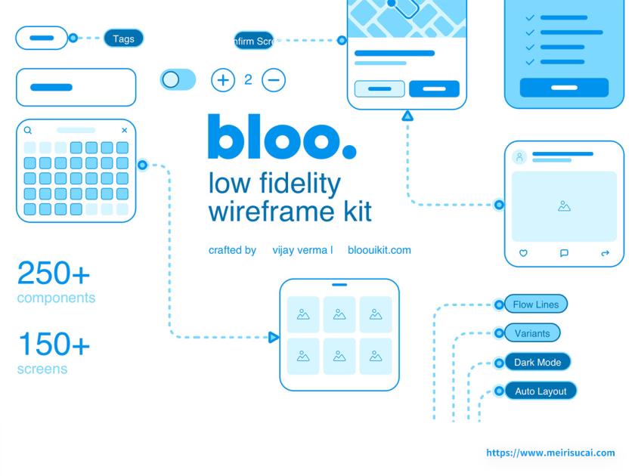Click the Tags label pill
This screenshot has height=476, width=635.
(x=123, y=39)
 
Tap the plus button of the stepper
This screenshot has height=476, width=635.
(x=222, y=79)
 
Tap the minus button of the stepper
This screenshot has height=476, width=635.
(x=274, y=79)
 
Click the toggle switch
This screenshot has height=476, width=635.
(x=178, y=79)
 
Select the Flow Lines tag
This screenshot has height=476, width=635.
(x=536, y=304)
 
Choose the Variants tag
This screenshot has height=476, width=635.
(x=532, y=333)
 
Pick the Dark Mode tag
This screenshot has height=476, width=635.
(x=537, y=363)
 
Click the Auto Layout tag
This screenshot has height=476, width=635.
(x=541, y=391)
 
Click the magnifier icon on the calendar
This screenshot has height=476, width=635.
(x=28, y=131)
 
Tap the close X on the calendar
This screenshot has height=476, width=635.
(x=125, y=131)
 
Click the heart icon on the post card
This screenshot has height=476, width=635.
(x=523, y=254)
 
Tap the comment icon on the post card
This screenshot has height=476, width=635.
(x=564, y=254)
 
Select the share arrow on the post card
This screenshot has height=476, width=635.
(x=605, y=254)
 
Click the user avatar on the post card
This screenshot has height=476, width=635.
(x=519, y=157)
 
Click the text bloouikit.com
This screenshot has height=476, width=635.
(x=379, y=250)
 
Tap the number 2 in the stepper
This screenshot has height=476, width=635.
(x=248, y=79)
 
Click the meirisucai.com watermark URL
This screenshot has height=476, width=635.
(x=550, y=453)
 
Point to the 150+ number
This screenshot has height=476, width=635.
(x=54, y=345)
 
